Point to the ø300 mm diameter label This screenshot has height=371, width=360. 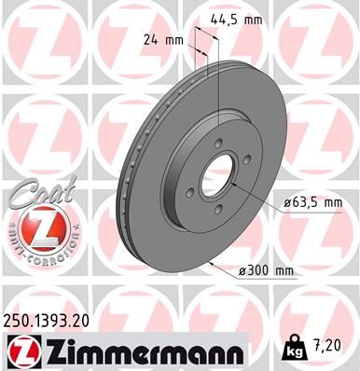(267, 270)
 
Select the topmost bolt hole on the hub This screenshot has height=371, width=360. (216, 144)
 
